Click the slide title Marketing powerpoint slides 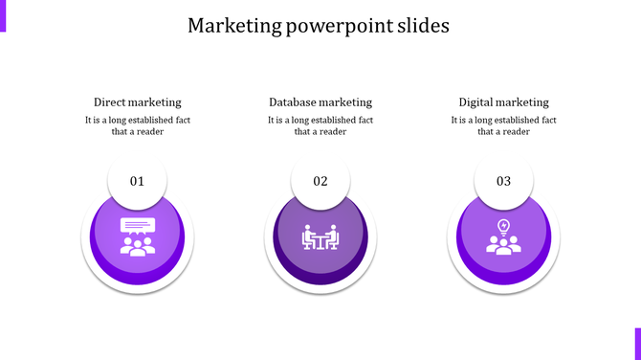(319, 26)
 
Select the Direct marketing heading (137, 102)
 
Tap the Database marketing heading (320, 102)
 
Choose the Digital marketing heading (503, 102)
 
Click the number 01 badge (137, 180)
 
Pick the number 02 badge (320, 180)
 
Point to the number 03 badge (503, 180)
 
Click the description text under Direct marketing (137, 125)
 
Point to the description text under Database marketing (320, 125)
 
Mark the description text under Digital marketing (503, 125)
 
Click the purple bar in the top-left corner (3, 15)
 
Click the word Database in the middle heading (292, 102)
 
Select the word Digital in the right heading (476, 102)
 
